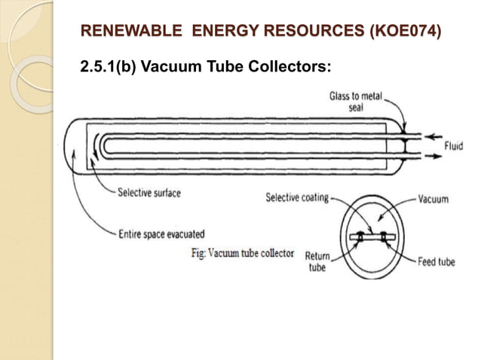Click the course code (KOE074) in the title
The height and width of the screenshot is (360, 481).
click(x=406, y=31)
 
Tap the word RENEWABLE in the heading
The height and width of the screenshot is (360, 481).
click(x=131, y=31)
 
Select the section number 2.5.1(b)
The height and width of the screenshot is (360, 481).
click(x=108, y=66)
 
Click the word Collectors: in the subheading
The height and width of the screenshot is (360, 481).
click(x=290, y=66)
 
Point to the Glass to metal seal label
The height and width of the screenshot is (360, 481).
click(x=356, y=102)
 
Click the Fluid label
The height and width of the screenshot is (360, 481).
click(x=454, y=146)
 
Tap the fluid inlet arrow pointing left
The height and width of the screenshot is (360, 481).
click(x=434, y=136)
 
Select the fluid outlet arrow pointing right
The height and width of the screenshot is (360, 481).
click(x=434, y=156)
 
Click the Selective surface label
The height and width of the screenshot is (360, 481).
click(x=149, y=193)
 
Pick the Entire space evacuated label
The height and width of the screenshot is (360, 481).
click(x=161, y=234)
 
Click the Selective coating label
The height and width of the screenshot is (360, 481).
click(x=297, y=197)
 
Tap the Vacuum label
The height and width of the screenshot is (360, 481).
click(x=434, y=199)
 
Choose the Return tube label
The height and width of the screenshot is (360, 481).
click(x=317, y=261)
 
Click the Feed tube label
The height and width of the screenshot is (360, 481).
click(x=437, y=262)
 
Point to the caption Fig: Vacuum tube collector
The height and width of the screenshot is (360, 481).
click(x=243, y=253)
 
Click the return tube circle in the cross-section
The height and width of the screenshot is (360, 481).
click(x=360, y=236)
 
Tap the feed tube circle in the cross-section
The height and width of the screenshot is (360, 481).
click(x=384, y=236)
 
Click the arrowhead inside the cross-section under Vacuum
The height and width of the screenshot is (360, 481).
click(x=380, y=218)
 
